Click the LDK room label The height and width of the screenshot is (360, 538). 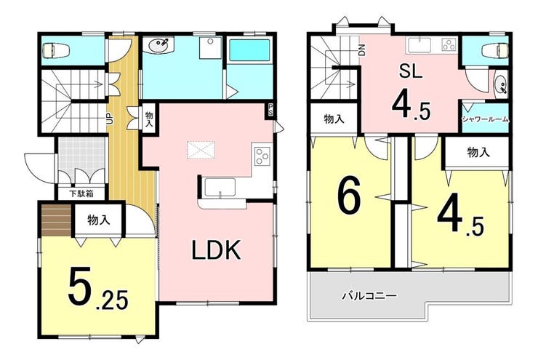point(216,250)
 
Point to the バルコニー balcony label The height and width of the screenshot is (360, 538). point(369,295)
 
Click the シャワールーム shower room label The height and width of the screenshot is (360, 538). point(485,119)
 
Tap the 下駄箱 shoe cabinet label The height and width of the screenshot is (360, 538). point(81,193)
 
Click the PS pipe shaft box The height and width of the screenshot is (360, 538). point(270,111)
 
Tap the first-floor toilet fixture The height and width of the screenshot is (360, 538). point(56,51)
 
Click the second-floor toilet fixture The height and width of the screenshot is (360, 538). point(495,51)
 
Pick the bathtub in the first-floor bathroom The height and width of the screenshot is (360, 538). point(249,50)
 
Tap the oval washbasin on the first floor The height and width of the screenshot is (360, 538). point(158,45)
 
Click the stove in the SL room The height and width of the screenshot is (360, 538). point(449,45)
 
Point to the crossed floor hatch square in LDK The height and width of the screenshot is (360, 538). point(201,150)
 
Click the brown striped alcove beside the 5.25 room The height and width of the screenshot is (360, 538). point(56,220)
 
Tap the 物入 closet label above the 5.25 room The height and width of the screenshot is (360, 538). point(99,220)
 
